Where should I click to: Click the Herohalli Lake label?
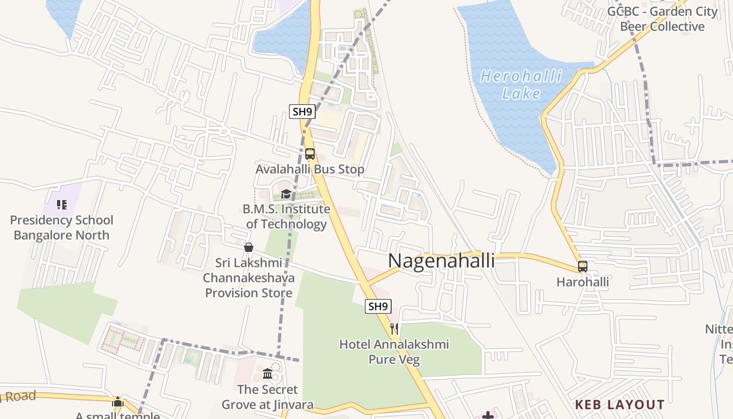pos(521,85)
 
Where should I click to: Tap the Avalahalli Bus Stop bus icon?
pos(310,154)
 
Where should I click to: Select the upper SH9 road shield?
pos(302,111)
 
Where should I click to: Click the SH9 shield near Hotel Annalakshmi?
pos(378,306)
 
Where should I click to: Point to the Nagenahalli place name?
pos(441,260)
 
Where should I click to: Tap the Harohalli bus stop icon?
pos(583,266)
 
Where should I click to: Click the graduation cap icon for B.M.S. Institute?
pos(286,194)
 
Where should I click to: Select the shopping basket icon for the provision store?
pos(249,247)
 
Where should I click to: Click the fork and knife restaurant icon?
pos(394,329)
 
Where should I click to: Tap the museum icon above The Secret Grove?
pos(268,374)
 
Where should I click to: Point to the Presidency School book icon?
pos(62,205)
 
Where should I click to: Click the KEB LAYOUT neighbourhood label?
pos(619,405)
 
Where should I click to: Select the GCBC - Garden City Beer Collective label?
pos(662,19)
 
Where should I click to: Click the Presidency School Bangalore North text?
pos(62,228)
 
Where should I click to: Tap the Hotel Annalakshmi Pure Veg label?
pos(394,351)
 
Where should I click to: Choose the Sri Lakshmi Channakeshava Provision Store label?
pos(249,278)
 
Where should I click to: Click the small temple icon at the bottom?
pos(118,402)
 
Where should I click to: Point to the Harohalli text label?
pos(583,282)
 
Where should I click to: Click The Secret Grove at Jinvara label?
pos(268,397)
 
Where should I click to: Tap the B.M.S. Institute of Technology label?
pos(286,216)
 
